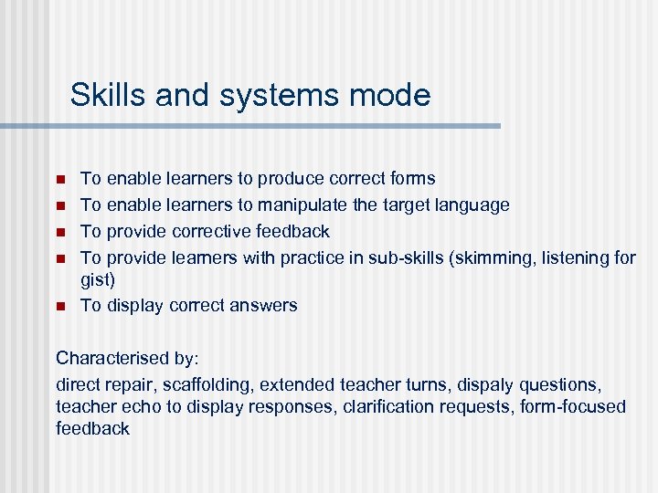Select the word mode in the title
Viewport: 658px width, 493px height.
click(x=391, y=95)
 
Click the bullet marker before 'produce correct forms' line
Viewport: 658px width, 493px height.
click(x=61, y=179)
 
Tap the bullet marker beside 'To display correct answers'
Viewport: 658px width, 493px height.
click(x=61, y=306)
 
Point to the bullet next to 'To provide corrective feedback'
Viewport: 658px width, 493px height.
click(x=61, y=232)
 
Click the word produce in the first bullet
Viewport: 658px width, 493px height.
click(x=288, y=179)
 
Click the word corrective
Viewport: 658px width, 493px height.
click(x=216, y=232)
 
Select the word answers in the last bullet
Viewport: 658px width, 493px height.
click(x=263, y=306)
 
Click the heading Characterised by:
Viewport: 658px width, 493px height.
click(x=113, y=359)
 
